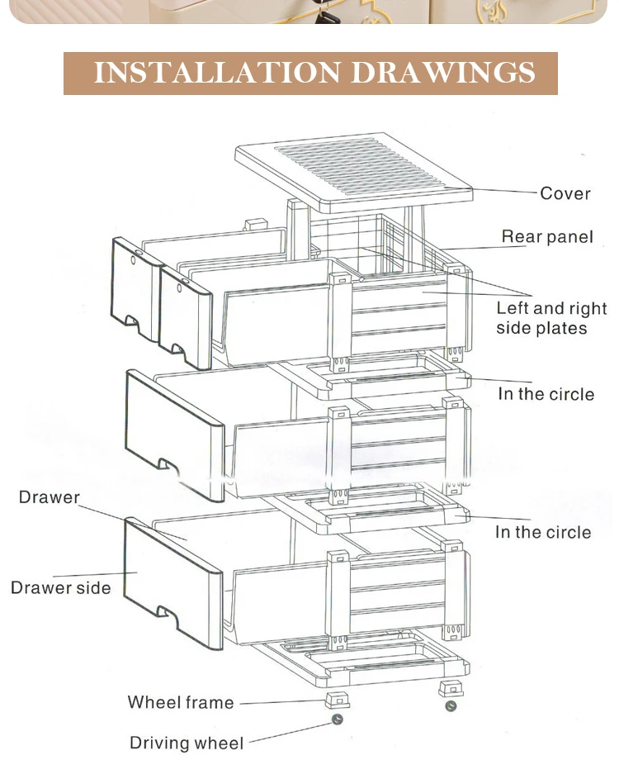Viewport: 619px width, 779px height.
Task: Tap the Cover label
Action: coord(565,193)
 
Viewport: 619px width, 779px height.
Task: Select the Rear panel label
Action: coord(547,237)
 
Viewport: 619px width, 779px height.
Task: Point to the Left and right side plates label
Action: coord(550,318)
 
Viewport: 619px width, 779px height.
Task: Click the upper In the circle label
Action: coord(546,394)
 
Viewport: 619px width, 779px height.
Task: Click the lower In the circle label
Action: coord(543,532)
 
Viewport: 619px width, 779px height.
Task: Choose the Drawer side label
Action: coord(60,588)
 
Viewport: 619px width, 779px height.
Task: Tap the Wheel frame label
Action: coord(181,703)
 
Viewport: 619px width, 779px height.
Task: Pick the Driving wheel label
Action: coord(187,743)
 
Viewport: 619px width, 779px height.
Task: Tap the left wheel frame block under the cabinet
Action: coord(334,700)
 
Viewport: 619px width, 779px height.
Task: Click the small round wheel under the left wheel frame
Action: coord(338,720)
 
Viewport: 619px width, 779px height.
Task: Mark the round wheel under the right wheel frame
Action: coord(451,706)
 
